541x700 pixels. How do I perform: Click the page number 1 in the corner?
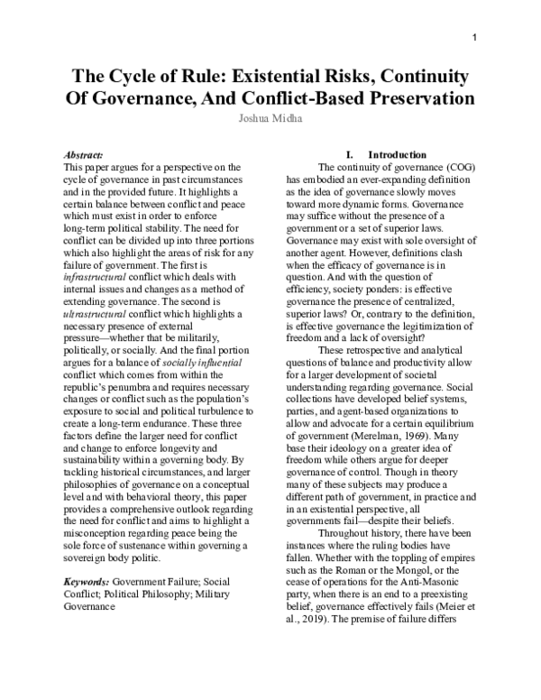(x=474, y=36)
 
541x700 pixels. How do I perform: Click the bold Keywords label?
(x=96, y=582)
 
